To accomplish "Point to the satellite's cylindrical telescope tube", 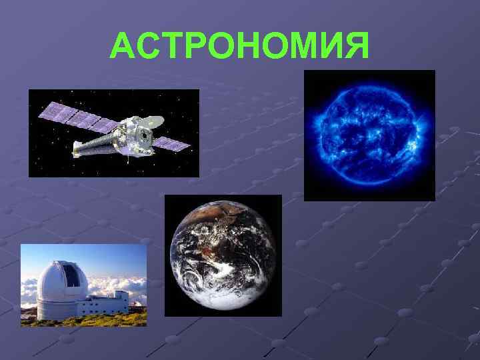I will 100,145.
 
